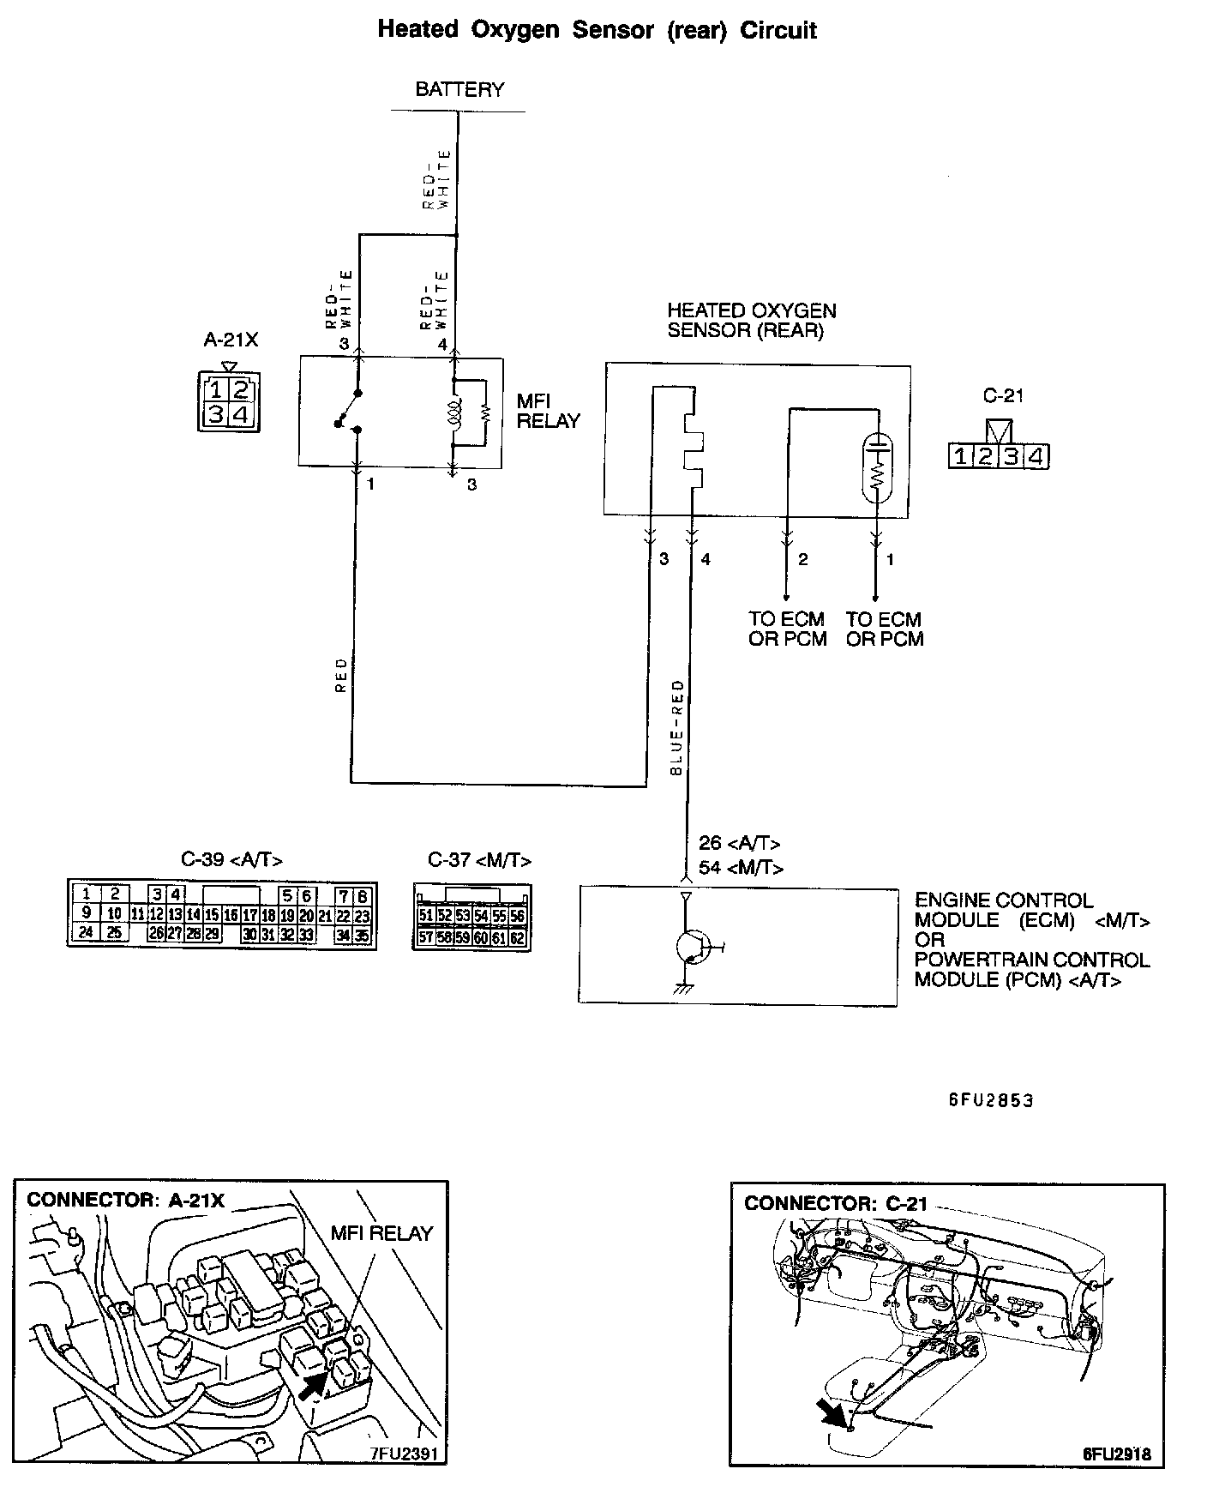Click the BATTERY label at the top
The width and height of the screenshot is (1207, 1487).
(459, 89)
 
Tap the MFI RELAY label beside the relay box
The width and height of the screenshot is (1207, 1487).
(549, 411)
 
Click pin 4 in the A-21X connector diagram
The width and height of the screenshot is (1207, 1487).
(242, 416)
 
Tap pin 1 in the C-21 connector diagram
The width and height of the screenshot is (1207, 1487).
(961, 456)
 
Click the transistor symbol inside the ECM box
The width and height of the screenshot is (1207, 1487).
(691, 947)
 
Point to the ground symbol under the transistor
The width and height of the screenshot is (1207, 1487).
(683, 989)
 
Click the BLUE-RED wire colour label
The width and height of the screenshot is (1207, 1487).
(677, 728)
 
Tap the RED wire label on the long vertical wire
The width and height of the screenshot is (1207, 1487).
(341, 675)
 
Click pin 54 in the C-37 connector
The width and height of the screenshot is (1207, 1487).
(481, 916)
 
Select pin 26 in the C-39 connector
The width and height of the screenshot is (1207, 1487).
(156, 934)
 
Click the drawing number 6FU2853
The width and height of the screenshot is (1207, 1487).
(990, 1100)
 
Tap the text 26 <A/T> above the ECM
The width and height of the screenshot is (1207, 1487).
(739, 843)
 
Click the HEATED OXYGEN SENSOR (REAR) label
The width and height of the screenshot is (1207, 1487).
(751, 321)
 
